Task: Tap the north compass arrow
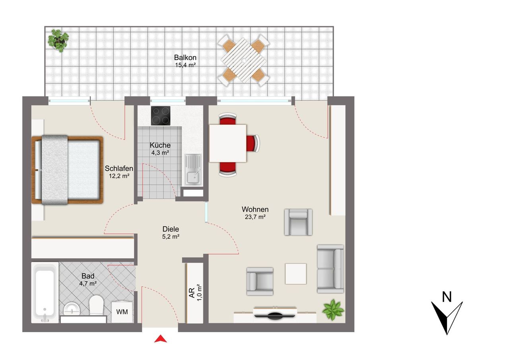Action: [x=447, y=318]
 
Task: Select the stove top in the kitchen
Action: [x=161, y=116]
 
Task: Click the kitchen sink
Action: [x=193, y=169]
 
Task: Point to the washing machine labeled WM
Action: [x=122, y=312]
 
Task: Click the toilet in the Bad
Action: [x=96, y=305]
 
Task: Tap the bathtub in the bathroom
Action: [x=45, y=292]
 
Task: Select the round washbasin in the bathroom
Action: [x=72, y=309]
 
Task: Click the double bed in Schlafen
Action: [x=67, y=170]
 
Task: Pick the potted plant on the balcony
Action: [x=58, y=41]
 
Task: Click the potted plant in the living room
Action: [x=333, y=310]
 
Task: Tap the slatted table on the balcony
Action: [x=243, y=60]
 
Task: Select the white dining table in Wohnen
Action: [x=228, y=143]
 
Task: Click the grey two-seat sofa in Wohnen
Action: [x=330, y=269]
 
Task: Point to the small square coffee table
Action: [x=296, y=274]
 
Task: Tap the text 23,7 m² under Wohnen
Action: [x=255, y=217]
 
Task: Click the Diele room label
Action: [x=171, y=229]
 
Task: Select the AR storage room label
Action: [x=192, y=293]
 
